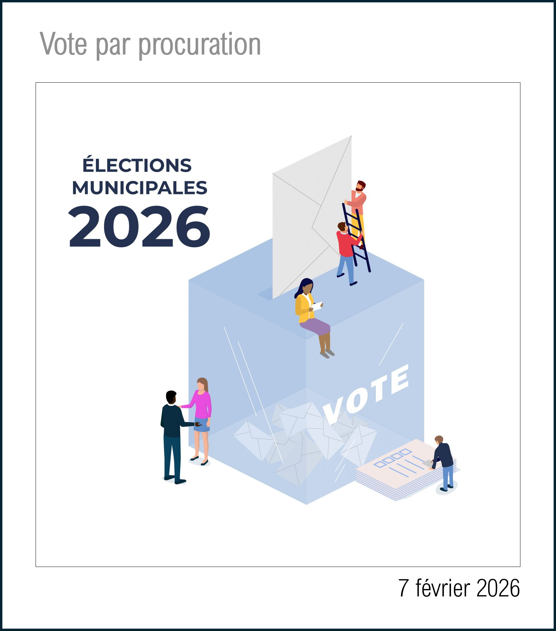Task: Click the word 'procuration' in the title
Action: (x=199, y=45)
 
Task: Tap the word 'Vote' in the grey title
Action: (x=63, y=44)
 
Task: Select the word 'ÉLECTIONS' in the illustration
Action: (x=137, y=165)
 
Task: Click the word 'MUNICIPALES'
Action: (x=139, y=188)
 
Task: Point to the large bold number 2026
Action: (x=139, y=226)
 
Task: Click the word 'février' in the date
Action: (x=443, y=588)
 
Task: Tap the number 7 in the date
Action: (x=403, y=588)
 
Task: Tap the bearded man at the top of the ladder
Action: (x=358, y=200)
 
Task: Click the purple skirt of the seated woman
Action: (x=315, y=326)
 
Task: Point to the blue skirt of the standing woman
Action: (x=202, y=425)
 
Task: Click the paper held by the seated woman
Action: (x=317, y=306)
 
